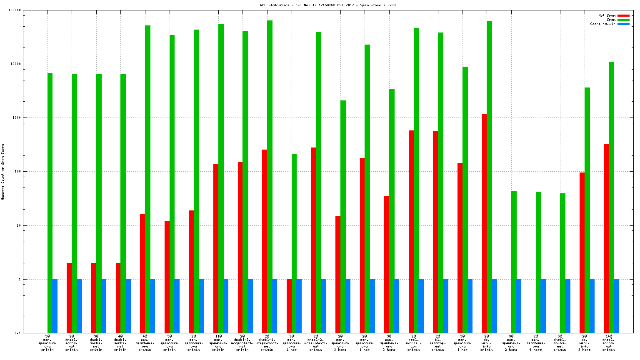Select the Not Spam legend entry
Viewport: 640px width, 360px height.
point(607,15)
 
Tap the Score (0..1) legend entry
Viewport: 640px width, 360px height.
point(602,24)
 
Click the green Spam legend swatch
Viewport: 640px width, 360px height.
point(623,20)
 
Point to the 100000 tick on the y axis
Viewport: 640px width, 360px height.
point(15,10)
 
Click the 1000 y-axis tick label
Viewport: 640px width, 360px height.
point(17,118)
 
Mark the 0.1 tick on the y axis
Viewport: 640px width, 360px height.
point(18,333)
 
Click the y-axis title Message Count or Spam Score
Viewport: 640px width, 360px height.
point(3,172)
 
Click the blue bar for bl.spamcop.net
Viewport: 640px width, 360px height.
point(446,306)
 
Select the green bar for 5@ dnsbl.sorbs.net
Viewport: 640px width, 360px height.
point(562,263)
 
